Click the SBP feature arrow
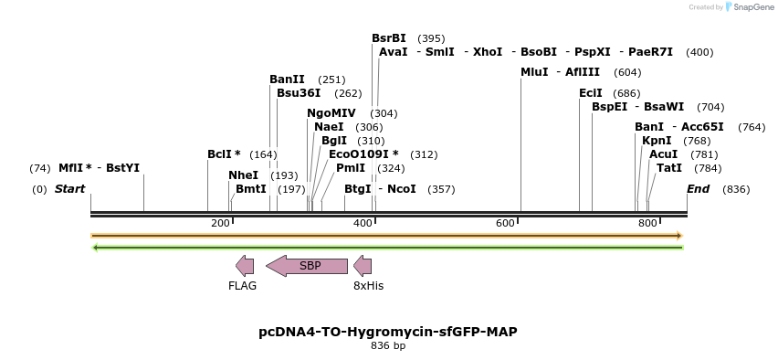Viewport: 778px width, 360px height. click(x=307, y=266)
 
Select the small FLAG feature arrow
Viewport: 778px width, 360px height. click(x=245, y=266)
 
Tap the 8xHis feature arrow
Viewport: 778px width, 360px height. click(x=363, y=266)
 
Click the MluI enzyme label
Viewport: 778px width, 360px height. click(x=534, y=72)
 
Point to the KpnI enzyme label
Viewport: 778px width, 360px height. click(x=657, y=141)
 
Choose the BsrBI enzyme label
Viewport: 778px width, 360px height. click(x=389, y=38)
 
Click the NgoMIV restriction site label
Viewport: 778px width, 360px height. click(x=331, y=113)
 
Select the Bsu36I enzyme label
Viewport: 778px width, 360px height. click(x=299, y=92)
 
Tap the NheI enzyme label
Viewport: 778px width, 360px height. click(x=243, y=175)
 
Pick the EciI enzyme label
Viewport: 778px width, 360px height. click(x=591, y=93)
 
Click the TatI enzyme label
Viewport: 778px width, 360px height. click(x=669, y=168)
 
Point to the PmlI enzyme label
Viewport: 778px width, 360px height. click(x=351, y=168)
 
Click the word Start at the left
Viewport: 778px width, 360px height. click(x=70, y=189)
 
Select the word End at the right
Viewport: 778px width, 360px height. click(x=698, y=189)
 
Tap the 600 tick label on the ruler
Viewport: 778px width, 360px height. click(x=505, y=224)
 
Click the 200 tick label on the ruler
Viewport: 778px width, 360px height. click(x=220, y=224)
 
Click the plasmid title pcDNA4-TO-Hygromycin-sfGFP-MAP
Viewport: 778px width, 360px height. click(x=388, y=332)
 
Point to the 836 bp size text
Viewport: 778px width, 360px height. click(x=388, y=346)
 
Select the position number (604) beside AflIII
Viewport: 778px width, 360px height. click(x=627, y=72)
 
